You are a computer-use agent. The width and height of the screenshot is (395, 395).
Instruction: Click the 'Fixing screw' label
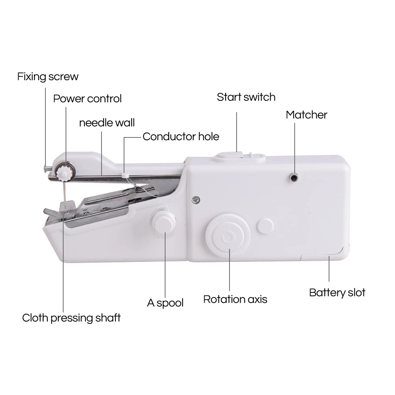pos(48,76)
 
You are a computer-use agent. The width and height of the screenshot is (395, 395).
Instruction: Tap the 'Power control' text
pos(87,98)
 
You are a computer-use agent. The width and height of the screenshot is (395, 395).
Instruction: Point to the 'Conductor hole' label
pos(181,137)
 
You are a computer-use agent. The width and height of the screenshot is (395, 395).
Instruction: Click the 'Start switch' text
pos(246,97)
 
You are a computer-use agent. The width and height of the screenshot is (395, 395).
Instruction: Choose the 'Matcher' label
pos(307,115)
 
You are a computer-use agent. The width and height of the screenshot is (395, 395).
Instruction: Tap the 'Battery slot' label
pos(337,293)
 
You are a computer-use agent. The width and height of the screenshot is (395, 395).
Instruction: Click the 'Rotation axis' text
pos(235,299)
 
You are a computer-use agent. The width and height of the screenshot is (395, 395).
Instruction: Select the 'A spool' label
pos(165,303)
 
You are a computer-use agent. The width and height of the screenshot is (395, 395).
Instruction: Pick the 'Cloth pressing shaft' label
pos(71,318)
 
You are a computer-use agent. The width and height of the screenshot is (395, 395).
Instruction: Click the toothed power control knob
pos(63,171)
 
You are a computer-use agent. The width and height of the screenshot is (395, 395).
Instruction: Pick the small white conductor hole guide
pos(124,174)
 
